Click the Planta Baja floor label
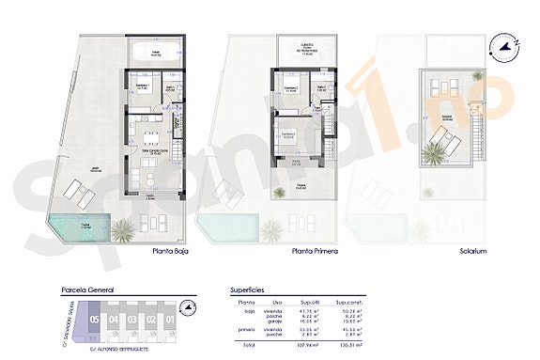click(174, 251)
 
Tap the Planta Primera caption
click(315, 251)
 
